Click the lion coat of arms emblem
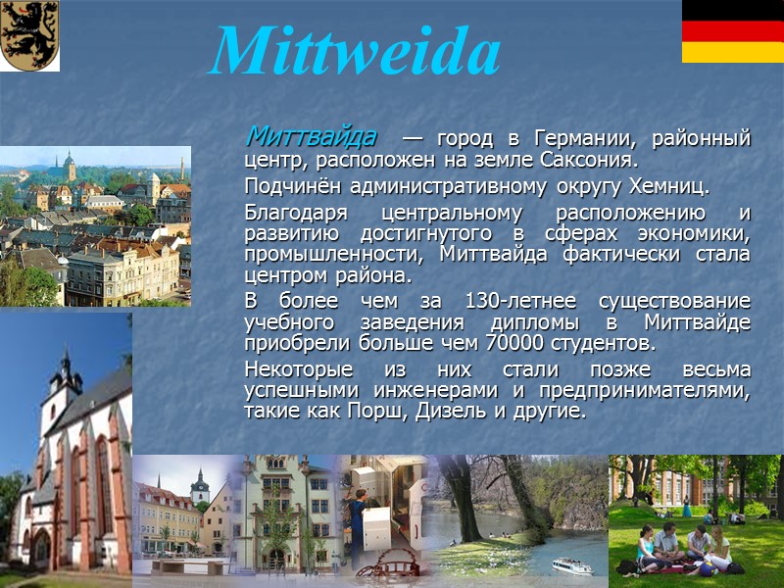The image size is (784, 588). [x=29, y=35]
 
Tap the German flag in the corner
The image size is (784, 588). [x=732, y=31]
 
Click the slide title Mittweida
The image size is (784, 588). [x=355, y=51]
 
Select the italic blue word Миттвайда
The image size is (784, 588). [x=311, y=134]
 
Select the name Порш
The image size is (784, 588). [x=372, y=412]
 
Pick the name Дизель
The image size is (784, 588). [x=441, y=412]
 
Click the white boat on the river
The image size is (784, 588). [x=572, y=565]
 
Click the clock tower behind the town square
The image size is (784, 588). [x=201, y=485]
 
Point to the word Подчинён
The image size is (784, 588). [x=289, y=186]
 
